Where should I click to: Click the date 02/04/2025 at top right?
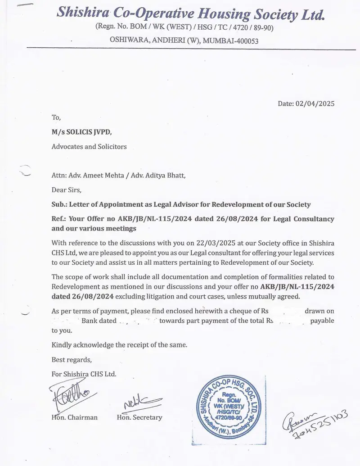point(315,104)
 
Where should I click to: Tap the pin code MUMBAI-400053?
point(230,41)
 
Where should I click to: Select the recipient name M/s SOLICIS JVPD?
point(81,132)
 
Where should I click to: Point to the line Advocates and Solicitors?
point(89,146)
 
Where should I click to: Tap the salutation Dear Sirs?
point(67,190)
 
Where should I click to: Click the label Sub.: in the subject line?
point(59,204)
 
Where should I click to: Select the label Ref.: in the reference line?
point(59,219)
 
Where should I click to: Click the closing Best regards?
point(72,359)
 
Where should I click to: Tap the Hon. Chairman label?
point(75,417)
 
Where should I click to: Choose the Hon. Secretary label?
point(139,417)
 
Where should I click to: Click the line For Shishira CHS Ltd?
point(84,374)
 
